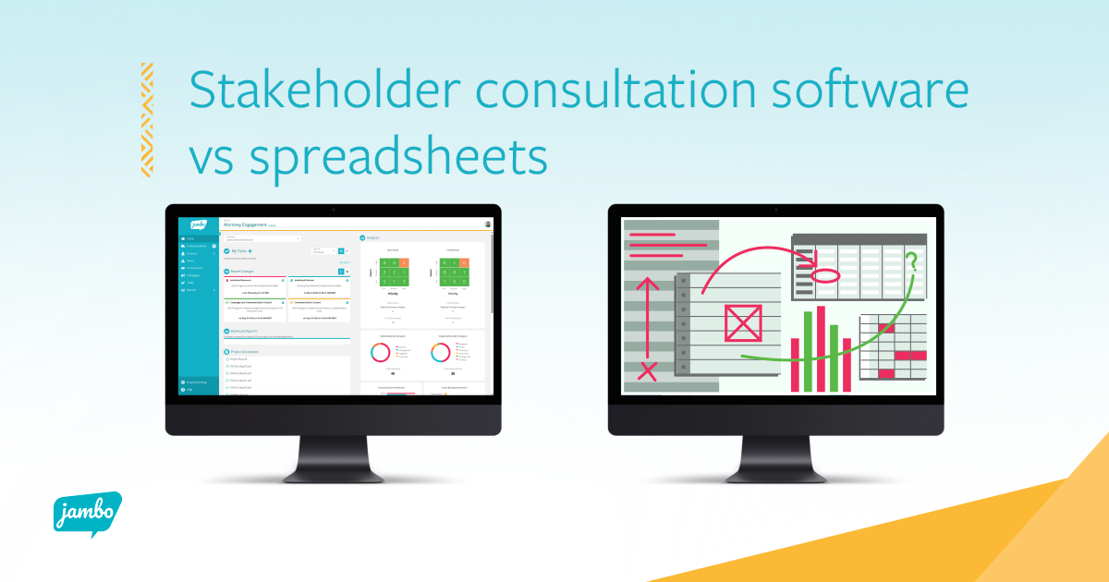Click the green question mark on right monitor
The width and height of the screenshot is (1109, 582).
(x=913, y=263)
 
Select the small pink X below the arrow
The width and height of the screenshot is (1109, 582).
(x=648, y=371)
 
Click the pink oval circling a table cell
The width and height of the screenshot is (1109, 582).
(x=824, y=274)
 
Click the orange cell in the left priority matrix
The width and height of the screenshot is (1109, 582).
(x=403, y=262)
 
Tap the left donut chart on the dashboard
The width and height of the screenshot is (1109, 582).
(x=380, y=352)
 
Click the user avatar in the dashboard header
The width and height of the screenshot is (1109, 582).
(x=487, y=224)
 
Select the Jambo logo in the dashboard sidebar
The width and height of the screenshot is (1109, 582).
(x=198, y=224)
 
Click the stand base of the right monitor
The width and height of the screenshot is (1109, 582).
(x=775, y=472)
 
